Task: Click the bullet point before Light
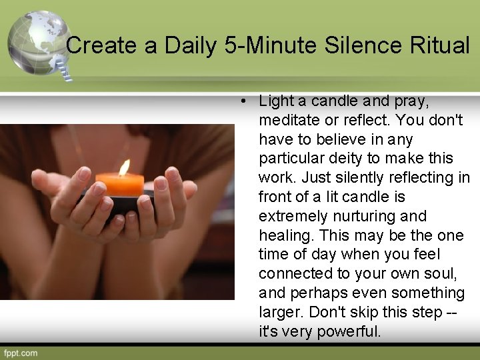(x=245, y=102)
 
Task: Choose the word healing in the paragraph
(x=282, y=236)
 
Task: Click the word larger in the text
(x=279, y=313)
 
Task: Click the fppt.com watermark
(x=21, y=353)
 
